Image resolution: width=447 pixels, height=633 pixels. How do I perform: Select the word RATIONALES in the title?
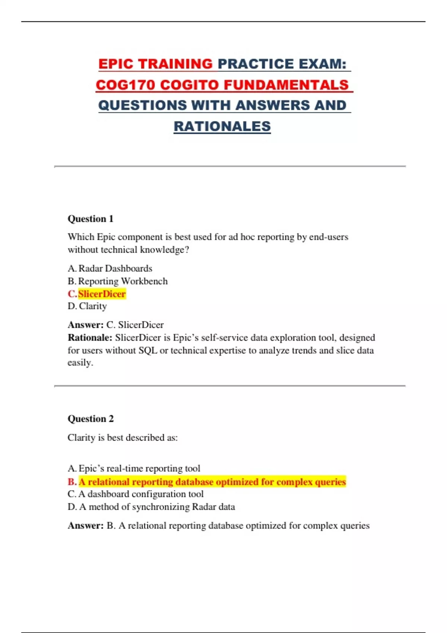(x=222, y=126)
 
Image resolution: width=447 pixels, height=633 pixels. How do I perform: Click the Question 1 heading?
(x=91, y=219)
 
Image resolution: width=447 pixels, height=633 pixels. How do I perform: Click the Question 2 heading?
(x=91, y=419)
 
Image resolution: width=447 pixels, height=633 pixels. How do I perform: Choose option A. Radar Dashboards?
(x=110, y=268)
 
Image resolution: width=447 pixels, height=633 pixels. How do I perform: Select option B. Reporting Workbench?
(x=118, y=281)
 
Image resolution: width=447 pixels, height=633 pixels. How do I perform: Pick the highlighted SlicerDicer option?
(x=102, y=294)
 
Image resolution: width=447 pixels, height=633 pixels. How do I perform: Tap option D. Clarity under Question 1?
(x=88, y=306)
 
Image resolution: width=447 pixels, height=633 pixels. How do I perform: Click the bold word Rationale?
(x=90, y=338)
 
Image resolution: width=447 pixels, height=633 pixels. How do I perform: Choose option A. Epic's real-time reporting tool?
(x=134, y=468)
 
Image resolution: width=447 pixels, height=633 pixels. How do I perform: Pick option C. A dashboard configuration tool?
(x=136, y=494)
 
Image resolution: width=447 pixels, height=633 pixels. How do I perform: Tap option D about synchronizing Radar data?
(x=151, y=507)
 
